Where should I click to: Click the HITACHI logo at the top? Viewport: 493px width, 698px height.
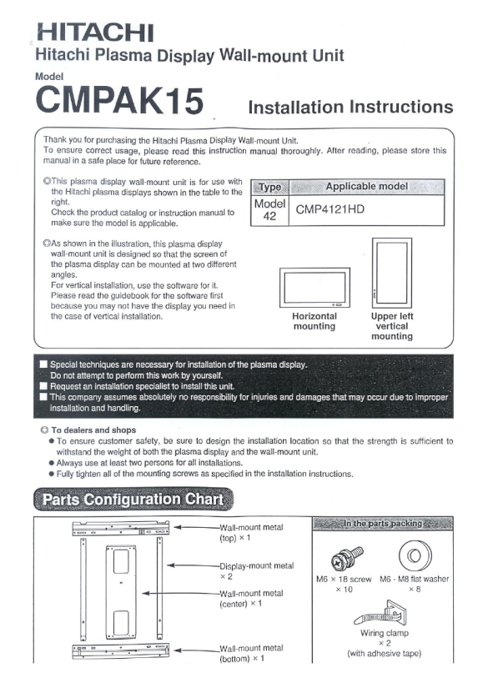click(x=95, y=33)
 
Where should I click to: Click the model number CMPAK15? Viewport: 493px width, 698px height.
click(x=119, y=100)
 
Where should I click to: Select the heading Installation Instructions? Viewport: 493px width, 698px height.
click(x=350, y=107)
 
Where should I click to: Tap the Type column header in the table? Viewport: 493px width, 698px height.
click(x=270, y=187)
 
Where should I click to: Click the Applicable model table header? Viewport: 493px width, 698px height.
click(x=366, y=187)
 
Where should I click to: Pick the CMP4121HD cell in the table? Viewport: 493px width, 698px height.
click(x=330, y=209)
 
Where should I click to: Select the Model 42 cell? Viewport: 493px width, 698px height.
click(x=269, y=209)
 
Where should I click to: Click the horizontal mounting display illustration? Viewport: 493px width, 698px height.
click(x=314, y=288)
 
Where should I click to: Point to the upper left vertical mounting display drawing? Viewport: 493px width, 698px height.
click(x=392, y=273)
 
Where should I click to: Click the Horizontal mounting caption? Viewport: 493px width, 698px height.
click(x=314, y=321)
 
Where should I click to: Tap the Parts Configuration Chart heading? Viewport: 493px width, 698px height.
click(x=133, y=499)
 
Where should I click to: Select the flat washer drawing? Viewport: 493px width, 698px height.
click(x=415, y=555)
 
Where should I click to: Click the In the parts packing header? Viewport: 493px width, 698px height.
click(x=383, y=524)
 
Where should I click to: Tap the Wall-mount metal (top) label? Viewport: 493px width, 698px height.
click(x=251, y=532)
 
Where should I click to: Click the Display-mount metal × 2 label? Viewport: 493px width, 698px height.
click(x=257, y=570)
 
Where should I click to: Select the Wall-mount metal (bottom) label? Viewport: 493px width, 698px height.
click(x=251, y=653)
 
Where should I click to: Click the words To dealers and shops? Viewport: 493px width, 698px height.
click(x=93, y=430)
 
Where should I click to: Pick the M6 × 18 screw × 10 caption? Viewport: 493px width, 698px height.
click(x=344, y=584)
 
